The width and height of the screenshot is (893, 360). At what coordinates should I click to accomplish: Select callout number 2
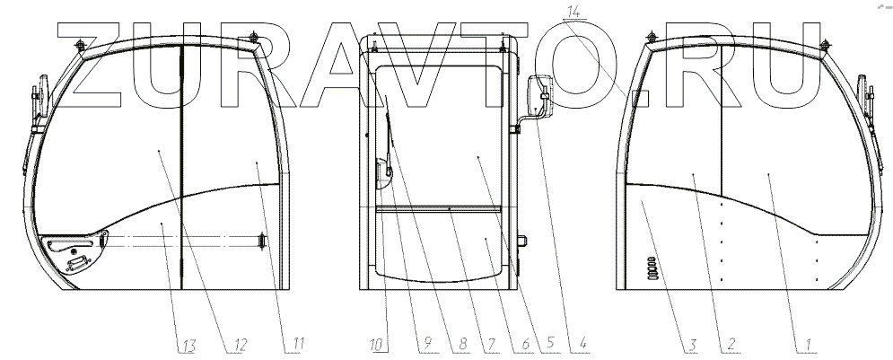click(x=732, y=343)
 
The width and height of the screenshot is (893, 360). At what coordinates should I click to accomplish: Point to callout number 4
click(x=582, y=343)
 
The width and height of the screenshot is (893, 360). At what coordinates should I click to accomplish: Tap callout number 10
click(x=377, y=343)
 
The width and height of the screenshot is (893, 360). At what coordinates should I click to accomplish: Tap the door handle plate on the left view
click(x=77, y=252)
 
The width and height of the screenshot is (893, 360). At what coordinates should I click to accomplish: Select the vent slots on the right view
click(x=652, y=268)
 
